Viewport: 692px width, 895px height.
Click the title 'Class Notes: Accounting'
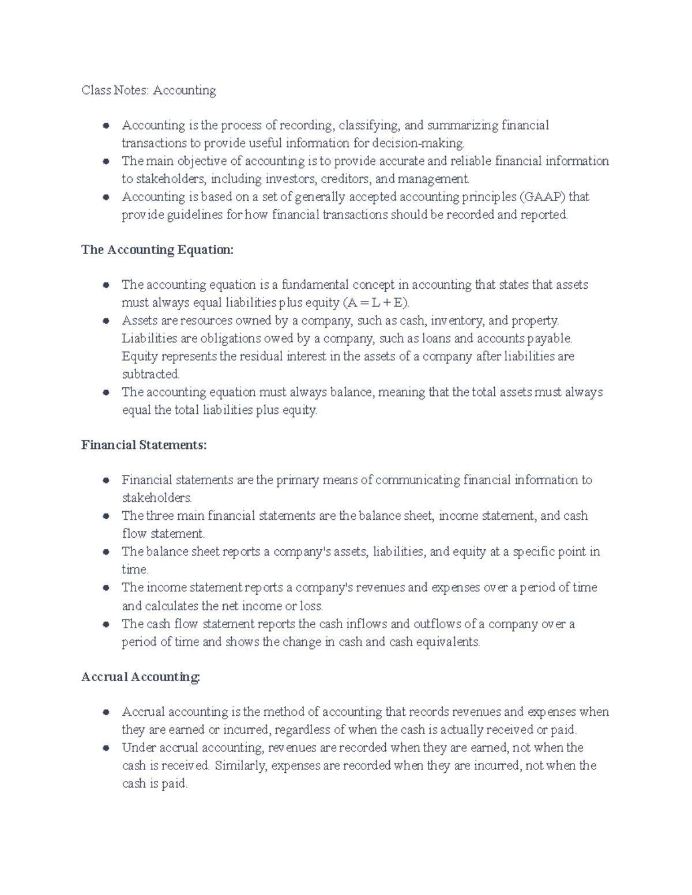tap(149, 90)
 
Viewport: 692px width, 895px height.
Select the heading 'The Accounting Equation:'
tap(157, 250)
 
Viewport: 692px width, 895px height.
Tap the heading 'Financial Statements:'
tap(144, 445)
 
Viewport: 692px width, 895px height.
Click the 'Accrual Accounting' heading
tap(141, 677)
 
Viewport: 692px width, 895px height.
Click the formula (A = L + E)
tap(376, 303)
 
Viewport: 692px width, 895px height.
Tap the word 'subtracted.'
tap(151, 375)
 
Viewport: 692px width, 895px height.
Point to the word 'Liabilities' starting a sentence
tap(149, 338)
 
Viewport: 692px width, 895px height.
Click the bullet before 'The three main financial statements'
tap(106, 516)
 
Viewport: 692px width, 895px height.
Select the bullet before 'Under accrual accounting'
tap(106, 748)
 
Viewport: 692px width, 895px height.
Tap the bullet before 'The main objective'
tap(106, 161)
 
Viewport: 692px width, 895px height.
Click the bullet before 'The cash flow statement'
tap(106, 624)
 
